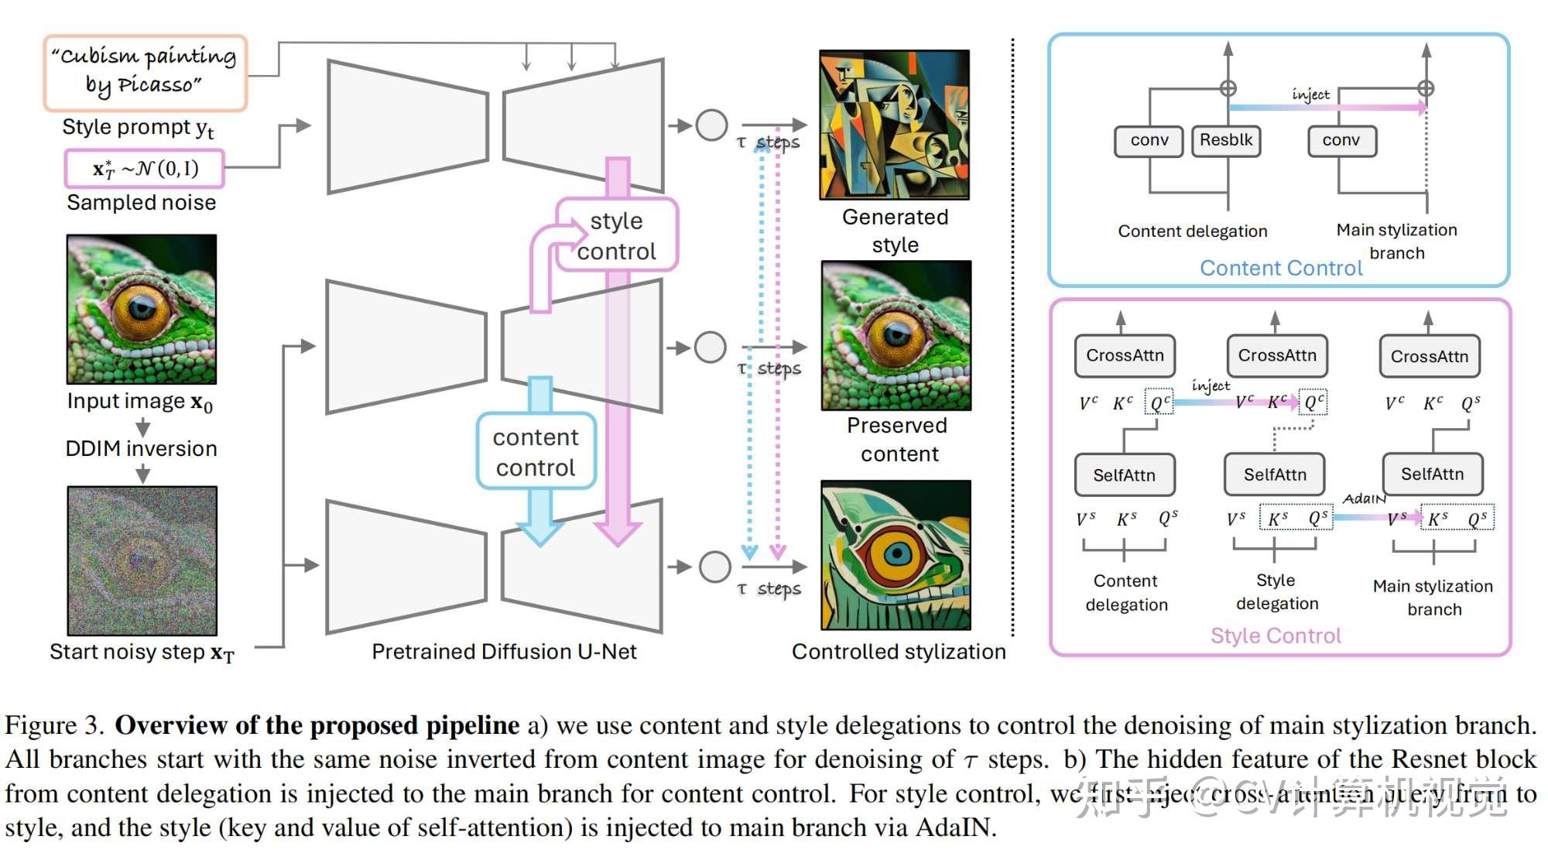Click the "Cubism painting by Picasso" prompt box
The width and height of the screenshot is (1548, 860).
[x=145, y=72]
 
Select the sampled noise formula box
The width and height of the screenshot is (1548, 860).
[x=145, y=169]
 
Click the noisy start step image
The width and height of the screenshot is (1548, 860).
[x=142, y=560]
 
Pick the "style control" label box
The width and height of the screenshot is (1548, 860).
[x=617, y=235]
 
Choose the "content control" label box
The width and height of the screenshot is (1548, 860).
[x=536, y=452]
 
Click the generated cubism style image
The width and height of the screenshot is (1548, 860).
[x=895, y=125]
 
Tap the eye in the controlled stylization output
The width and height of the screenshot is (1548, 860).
[x=896, y=553]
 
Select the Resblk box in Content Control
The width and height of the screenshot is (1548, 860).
[x=1226, y=141]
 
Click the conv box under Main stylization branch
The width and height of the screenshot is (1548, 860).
[x=1341, y=141]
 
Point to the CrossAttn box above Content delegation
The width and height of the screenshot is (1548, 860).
[x=1125, y=355]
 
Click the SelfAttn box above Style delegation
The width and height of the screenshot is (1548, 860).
[x=1274, y=475]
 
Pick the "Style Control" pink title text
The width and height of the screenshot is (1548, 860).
[x=1276, y=636]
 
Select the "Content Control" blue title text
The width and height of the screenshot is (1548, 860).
[x=1280, y=268]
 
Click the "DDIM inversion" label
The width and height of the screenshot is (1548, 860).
[x=141, y=449]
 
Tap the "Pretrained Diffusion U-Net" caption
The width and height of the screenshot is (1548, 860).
[x=504, y=652]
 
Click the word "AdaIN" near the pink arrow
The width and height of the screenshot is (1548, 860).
[x=1364, y=499]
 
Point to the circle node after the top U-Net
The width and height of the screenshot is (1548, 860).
[x=711, y=125]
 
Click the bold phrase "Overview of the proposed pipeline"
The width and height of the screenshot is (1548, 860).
[x=317, y=725]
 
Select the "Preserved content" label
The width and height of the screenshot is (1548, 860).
[x=898, y=440]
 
